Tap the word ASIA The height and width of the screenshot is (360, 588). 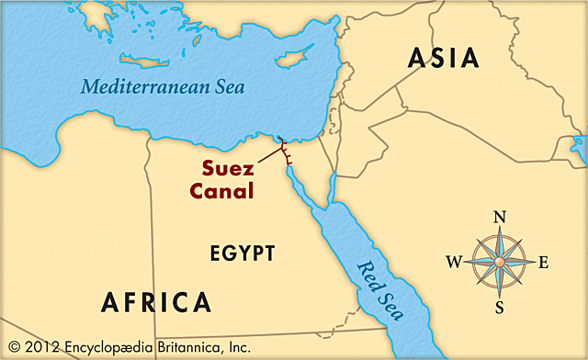tap(444, 58)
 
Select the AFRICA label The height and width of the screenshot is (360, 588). tap(155, 302)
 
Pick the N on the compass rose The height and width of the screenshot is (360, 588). tap(500, 218)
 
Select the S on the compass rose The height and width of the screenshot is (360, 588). tap(500, 306)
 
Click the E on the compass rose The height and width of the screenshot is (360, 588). tap(543, 262)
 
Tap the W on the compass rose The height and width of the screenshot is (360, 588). tap(454, 262)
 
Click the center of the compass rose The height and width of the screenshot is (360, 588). tap(500, 262)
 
